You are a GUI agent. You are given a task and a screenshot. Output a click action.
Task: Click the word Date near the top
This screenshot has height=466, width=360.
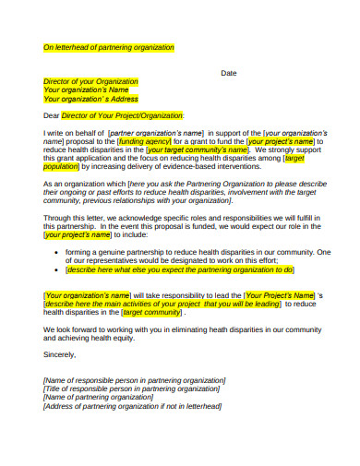pyautogui.click(x=229, y=72)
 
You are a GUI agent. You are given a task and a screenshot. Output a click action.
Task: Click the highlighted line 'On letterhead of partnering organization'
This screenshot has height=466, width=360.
pyautogui.click(x=109, y=47)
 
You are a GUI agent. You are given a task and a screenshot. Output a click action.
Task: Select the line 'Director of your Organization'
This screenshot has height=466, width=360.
pyautogui.click(x=90, y=81)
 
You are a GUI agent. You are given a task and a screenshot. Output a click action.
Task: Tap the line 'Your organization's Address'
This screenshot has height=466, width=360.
pyautogui.click(x=90, y=99)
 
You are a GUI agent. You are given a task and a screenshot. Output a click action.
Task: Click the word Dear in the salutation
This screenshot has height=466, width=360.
pyautogui.click(x=52, y=115)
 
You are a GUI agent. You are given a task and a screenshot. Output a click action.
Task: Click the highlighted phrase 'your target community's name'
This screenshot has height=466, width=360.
pyautogui.click(x=198, y=149)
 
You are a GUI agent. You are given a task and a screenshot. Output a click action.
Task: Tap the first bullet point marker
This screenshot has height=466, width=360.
pyautogui.click(x=57, y=252)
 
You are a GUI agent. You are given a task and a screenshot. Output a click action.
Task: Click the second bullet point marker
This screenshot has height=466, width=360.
pyautogui.click(x=57, y=269)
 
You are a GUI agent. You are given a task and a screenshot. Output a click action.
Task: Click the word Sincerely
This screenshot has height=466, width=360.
pyautogui.click(x=60, y=354)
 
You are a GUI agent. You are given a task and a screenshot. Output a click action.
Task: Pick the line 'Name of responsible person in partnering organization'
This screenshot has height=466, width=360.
pyautogui.click(x=135, y=380)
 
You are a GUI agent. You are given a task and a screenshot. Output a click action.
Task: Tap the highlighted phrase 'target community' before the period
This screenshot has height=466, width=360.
pyautogui.click(x=151, y=312)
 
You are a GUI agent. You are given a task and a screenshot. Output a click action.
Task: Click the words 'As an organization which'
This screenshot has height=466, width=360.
pyautogui.click(x=86, y=184)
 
